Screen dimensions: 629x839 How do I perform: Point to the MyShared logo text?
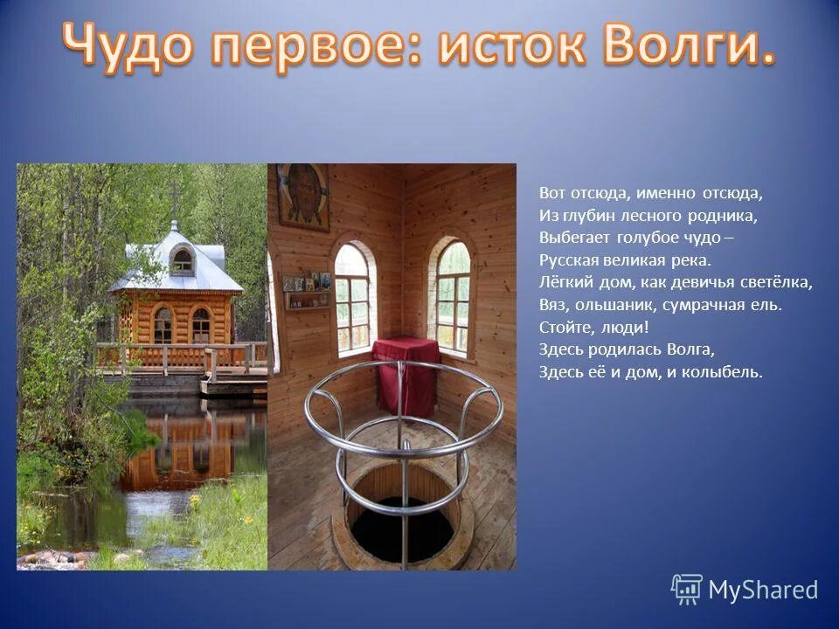(x=763, y=590)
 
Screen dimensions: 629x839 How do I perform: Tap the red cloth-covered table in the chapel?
(x=405, y=374)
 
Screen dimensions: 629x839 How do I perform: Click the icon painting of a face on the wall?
(x=302, y=197)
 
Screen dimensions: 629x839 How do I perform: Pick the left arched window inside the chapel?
(x=352, y=297)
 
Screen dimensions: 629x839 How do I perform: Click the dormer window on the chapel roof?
(x=182, y=259)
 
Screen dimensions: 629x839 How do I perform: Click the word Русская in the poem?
(x=566, y=259)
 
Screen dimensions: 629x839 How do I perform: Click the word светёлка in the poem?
(x=775, y=282)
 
